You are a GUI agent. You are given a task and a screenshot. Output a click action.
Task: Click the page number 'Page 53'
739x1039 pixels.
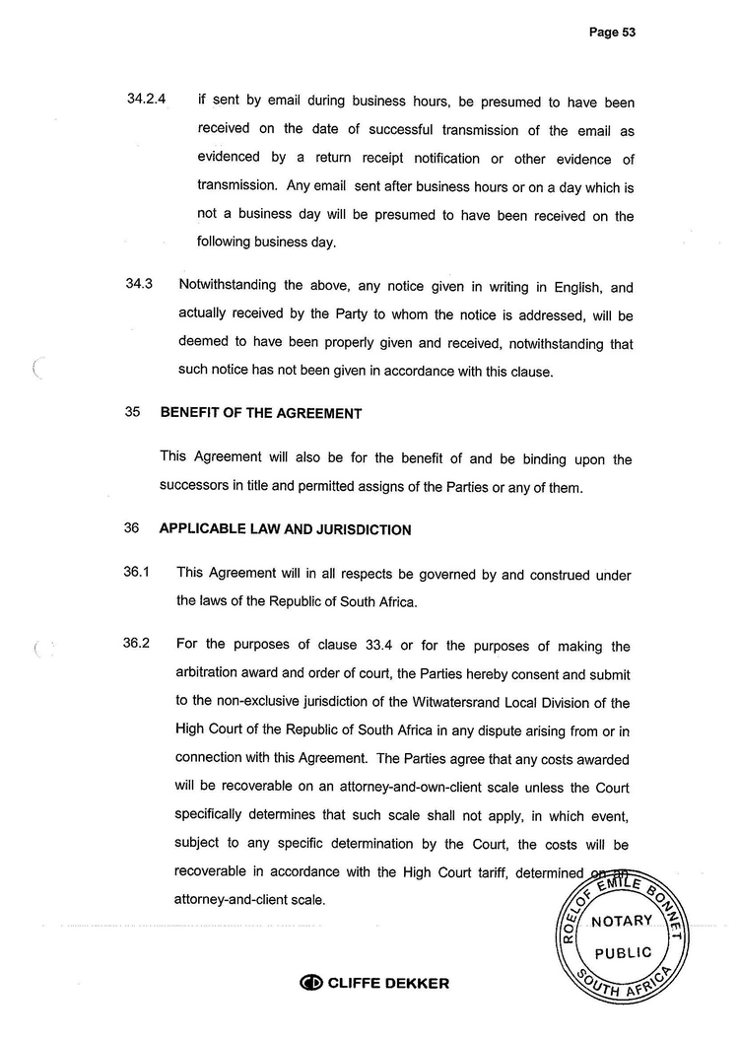pyautogui.click(x=612, y=33)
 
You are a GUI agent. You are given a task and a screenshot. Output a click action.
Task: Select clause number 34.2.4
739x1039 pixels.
pyautogui.click(x=147, y=100)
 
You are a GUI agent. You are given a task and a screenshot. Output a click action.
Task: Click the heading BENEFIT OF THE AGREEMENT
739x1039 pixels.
pyautogui.click(x=260, y=413)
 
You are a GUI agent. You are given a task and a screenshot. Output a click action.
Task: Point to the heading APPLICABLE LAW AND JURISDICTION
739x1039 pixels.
pyautogui.click(x=285, y=529)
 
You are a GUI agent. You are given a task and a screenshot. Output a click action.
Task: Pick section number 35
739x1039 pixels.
pyautogui.click(x=133, y=413)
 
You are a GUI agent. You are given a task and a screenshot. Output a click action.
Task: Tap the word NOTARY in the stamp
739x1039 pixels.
pyautogui.click(x=622, y=921)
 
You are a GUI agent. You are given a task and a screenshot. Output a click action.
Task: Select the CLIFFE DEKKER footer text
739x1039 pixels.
pyautogui.click(x=387, y=983)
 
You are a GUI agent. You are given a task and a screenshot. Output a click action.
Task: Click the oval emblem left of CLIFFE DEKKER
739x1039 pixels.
pyautogui.click(x=310, y=983)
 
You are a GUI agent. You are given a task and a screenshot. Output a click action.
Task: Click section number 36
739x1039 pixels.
pyautogui.click(x=133, y=528)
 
